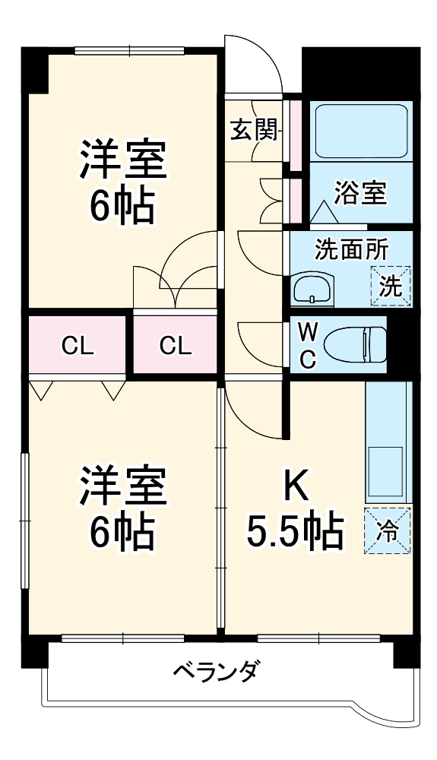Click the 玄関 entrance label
tap(253, 130)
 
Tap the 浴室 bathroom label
tap(362, 193)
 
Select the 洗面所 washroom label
tap(350, 249)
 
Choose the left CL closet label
tap(77, 347)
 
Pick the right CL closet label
tap(176, 347)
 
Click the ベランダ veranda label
tap(217, 672)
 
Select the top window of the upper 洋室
tap(129, 51)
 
